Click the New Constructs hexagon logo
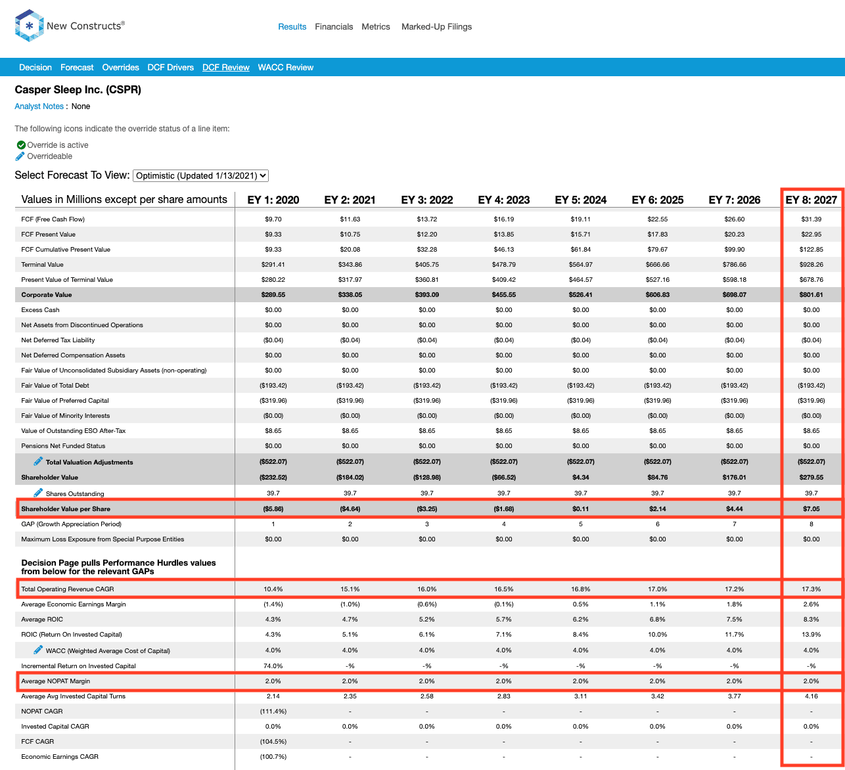(x=29, y=26)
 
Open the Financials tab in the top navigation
(x=334, y=26)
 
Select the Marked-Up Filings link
(x=436, y=26)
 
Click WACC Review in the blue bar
(x=285, y=68)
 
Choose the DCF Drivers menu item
(x=170, y=68)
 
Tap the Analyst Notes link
(x=39, y=106)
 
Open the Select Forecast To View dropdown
(x=200, y=175)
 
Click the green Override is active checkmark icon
(x=21, y=145)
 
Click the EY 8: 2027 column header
(x=811, y=200)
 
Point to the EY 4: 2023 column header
(x=503, y=200)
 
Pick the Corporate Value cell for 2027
(x=811, y=295)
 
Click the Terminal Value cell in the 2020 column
(x=273, y=265)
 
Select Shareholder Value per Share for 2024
(x=580, y=509)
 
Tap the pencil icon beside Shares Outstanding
(x=38, y=492)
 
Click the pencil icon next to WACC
(x=38, y=650)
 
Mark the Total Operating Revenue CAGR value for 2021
(x=350, y=589)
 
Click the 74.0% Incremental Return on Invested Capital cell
(x=273, y=666)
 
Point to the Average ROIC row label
(x=42, y=619)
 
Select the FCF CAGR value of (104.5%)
(x=273, y=741)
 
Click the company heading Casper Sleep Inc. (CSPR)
(x=78, y=90)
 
